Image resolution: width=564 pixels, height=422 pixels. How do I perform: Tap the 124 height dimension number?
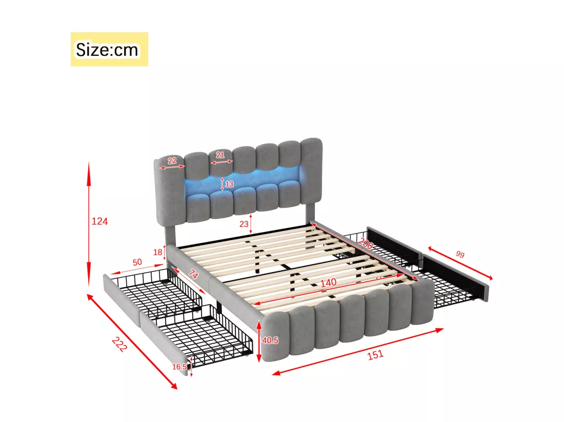pos(99,221)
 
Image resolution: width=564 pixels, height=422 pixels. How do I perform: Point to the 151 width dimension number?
pos(375,355)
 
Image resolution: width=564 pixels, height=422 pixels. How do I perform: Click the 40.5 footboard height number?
pos(270,340)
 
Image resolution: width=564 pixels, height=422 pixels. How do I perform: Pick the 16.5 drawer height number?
pos(179,367)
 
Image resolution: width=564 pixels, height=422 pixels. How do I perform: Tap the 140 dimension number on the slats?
pos(328,283)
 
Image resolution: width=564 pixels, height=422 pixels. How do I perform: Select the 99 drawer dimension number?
pos(460,255)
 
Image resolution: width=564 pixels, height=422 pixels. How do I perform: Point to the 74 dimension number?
pos(193,275)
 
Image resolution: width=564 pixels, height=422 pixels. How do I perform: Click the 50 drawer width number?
pos(137,262)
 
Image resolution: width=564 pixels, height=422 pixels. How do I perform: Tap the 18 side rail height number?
pos(157,252)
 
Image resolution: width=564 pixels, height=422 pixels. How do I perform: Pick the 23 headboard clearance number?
pos(244,224)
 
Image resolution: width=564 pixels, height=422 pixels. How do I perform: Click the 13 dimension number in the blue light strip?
pos(230,184)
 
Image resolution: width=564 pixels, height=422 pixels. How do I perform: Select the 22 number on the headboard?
pos(172,160)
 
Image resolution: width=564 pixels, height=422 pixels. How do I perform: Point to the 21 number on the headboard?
pos(220,155)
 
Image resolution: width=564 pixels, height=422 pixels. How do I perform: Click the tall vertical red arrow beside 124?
pos(89,224)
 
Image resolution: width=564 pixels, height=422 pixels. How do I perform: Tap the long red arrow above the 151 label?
pos(358,351)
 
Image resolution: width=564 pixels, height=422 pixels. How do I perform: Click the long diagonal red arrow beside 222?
pos(132,341)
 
